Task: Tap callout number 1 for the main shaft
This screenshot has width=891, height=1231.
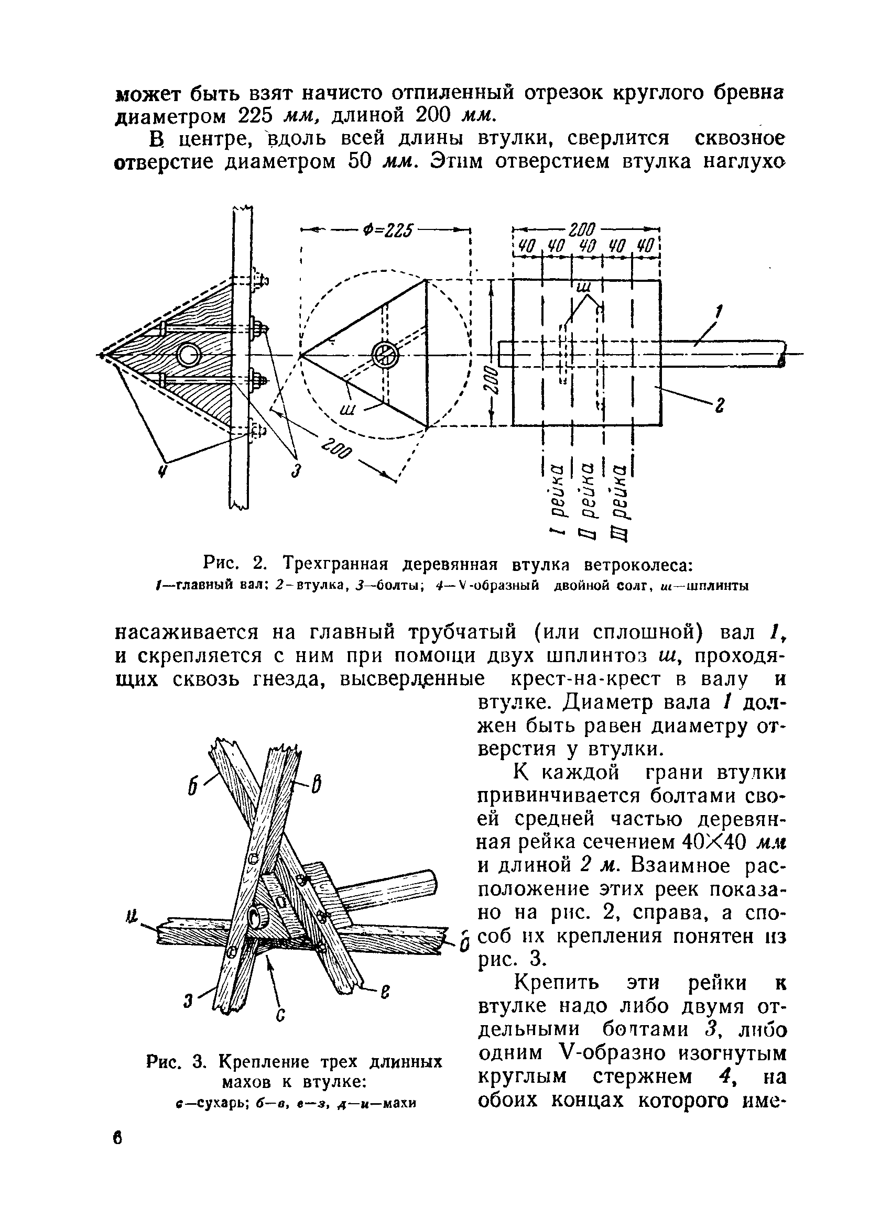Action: [x=719, y=313]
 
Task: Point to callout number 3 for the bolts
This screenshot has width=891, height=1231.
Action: [x=296, y=468]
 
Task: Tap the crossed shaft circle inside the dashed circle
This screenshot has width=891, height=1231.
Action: [x=385, y=356]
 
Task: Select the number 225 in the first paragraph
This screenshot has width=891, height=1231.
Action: [x=256, y=116]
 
